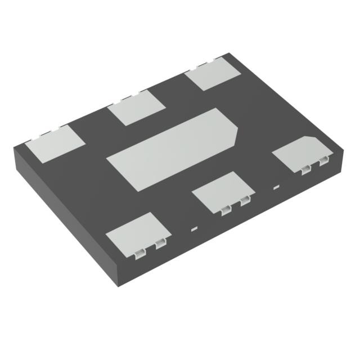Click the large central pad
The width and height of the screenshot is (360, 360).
coord(174,148)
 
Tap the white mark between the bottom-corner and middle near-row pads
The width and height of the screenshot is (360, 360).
coord(194,229)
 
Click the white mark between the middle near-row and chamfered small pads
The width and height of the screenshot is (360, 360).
coord(276,187)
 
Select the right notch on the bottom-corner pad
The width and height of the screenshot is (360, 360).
coord(160,243)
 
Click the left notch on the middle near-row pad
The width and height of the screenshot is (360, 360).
coord(226,210)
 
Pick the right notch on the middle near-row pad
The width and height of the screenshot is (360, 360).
coord(245,202)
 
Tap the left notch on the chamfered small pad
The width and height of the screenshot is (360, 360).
coord(305,169)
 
